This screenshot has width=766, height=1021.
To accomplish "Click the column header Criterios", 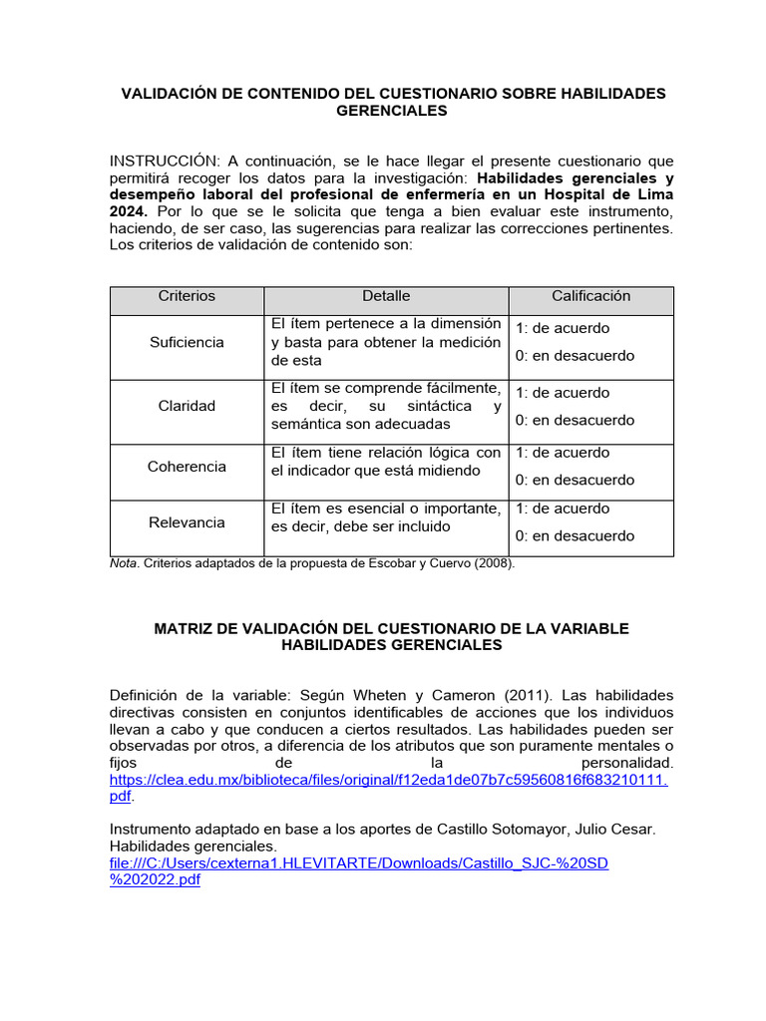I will point(187,296).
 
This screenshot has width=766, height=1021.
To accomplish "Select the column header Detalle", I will point(386,296).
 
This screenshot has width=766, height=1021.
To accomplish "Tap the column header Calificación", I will point(591,296).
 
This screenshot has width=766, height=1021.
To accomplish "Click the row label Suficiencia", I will point(187,342).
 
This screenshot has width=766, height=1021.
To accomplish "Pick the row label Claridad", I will point(187,406).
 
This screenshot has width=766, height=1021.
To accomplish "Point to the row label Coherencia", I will point(187,467).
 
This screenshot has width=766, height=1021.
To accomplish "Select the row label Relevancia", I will point(187,522).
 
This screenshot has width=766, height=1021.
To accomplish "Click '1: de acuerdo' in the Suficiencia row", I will point(563,328).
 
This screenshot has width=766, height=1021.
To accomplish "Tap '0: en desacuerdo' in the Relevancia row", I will point(574,536).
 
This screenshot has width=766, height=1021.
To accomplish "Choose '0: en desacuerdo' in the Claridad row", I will point(574,420).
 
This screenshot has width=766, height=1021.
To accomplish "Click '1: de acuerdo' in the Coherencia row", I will point(563,453).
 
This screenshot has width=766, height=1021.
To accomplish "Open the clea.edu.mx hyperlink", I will point(387,779).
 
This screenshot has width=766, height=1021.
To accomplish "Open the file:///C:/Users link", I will point(358,863).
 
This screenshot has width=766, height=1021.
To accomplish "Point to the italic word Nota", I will point(124,563).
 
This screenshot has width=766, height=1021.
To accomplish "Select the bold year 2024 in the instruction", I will point(128,212).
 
